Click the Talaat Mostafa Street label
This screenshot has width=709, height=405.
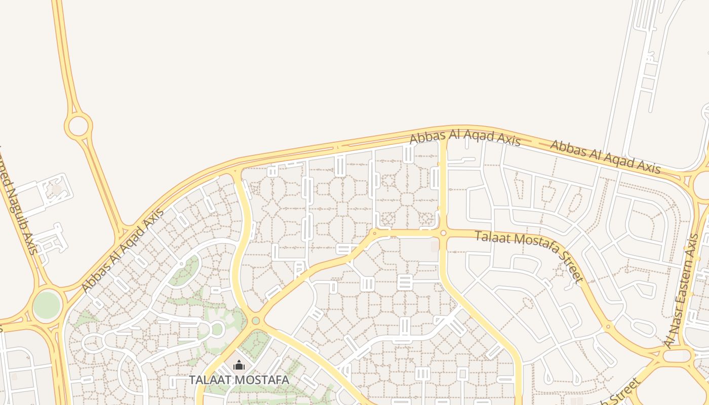530,255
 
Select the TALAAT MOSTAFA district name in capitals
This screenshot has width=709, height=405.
239,380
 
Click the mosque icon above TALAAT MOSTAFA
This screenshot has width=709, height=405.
239,365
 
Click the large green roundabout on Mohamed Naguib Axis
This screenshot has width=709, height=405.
47,305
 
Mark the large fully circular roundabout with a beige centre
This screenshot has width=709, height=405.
78,126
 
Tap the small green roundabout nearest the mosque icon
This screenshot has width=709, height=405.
256,320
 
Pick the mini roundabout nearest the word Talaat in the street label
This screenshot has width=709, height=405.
443,233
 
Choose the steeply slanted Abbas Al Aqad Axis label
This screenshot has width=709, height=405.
123,250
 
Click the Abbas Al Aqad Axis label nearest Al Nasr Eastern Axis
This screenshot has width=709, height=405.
605,157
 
